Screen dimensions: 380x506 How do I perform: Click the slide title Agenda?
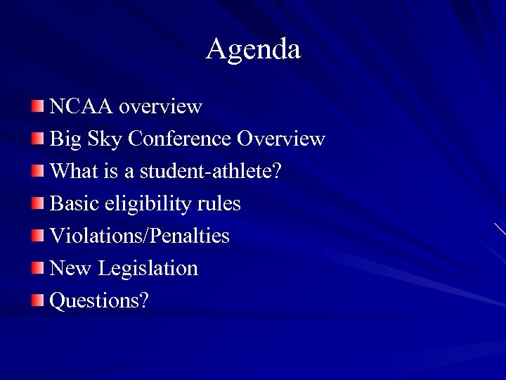[x=253, y=49]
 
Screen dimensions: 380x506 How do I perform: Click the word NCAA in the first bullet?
[x=82, y=107]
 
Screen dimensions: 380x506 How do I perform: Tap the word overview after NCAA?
[x=160, y=107]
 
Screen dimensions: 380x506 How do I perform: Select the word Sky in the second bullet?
[x=105, y=139]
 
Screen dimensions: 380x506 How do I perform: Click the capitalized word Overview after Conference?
[x=281, y=139]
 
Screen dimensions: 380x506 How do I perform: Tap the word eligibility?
[x=144, y=204]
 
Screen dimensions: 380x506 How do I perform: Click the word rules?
[x=219, y=204]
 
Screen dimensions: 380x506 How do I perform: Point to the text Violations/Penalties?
[x=140, y=236]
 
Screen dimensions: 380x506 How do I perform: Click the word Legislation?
[x=148, y=268]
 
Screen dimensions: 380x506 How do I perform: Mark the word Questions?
[x=99, y=301]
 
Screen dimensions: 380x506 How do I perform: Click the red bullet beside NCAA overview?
[x=37, y=106]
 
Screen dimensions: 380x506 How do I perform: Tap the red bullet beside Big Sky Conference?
[x=37, y=139]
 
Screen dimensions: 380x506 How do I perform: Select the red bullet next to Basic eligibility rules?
[x=37, y=203]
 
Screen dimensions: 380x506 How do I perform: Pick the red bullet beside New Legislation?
[x=37, y=267]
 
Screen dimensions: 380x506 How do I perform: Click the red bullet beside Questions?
[x=37, y=300]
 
